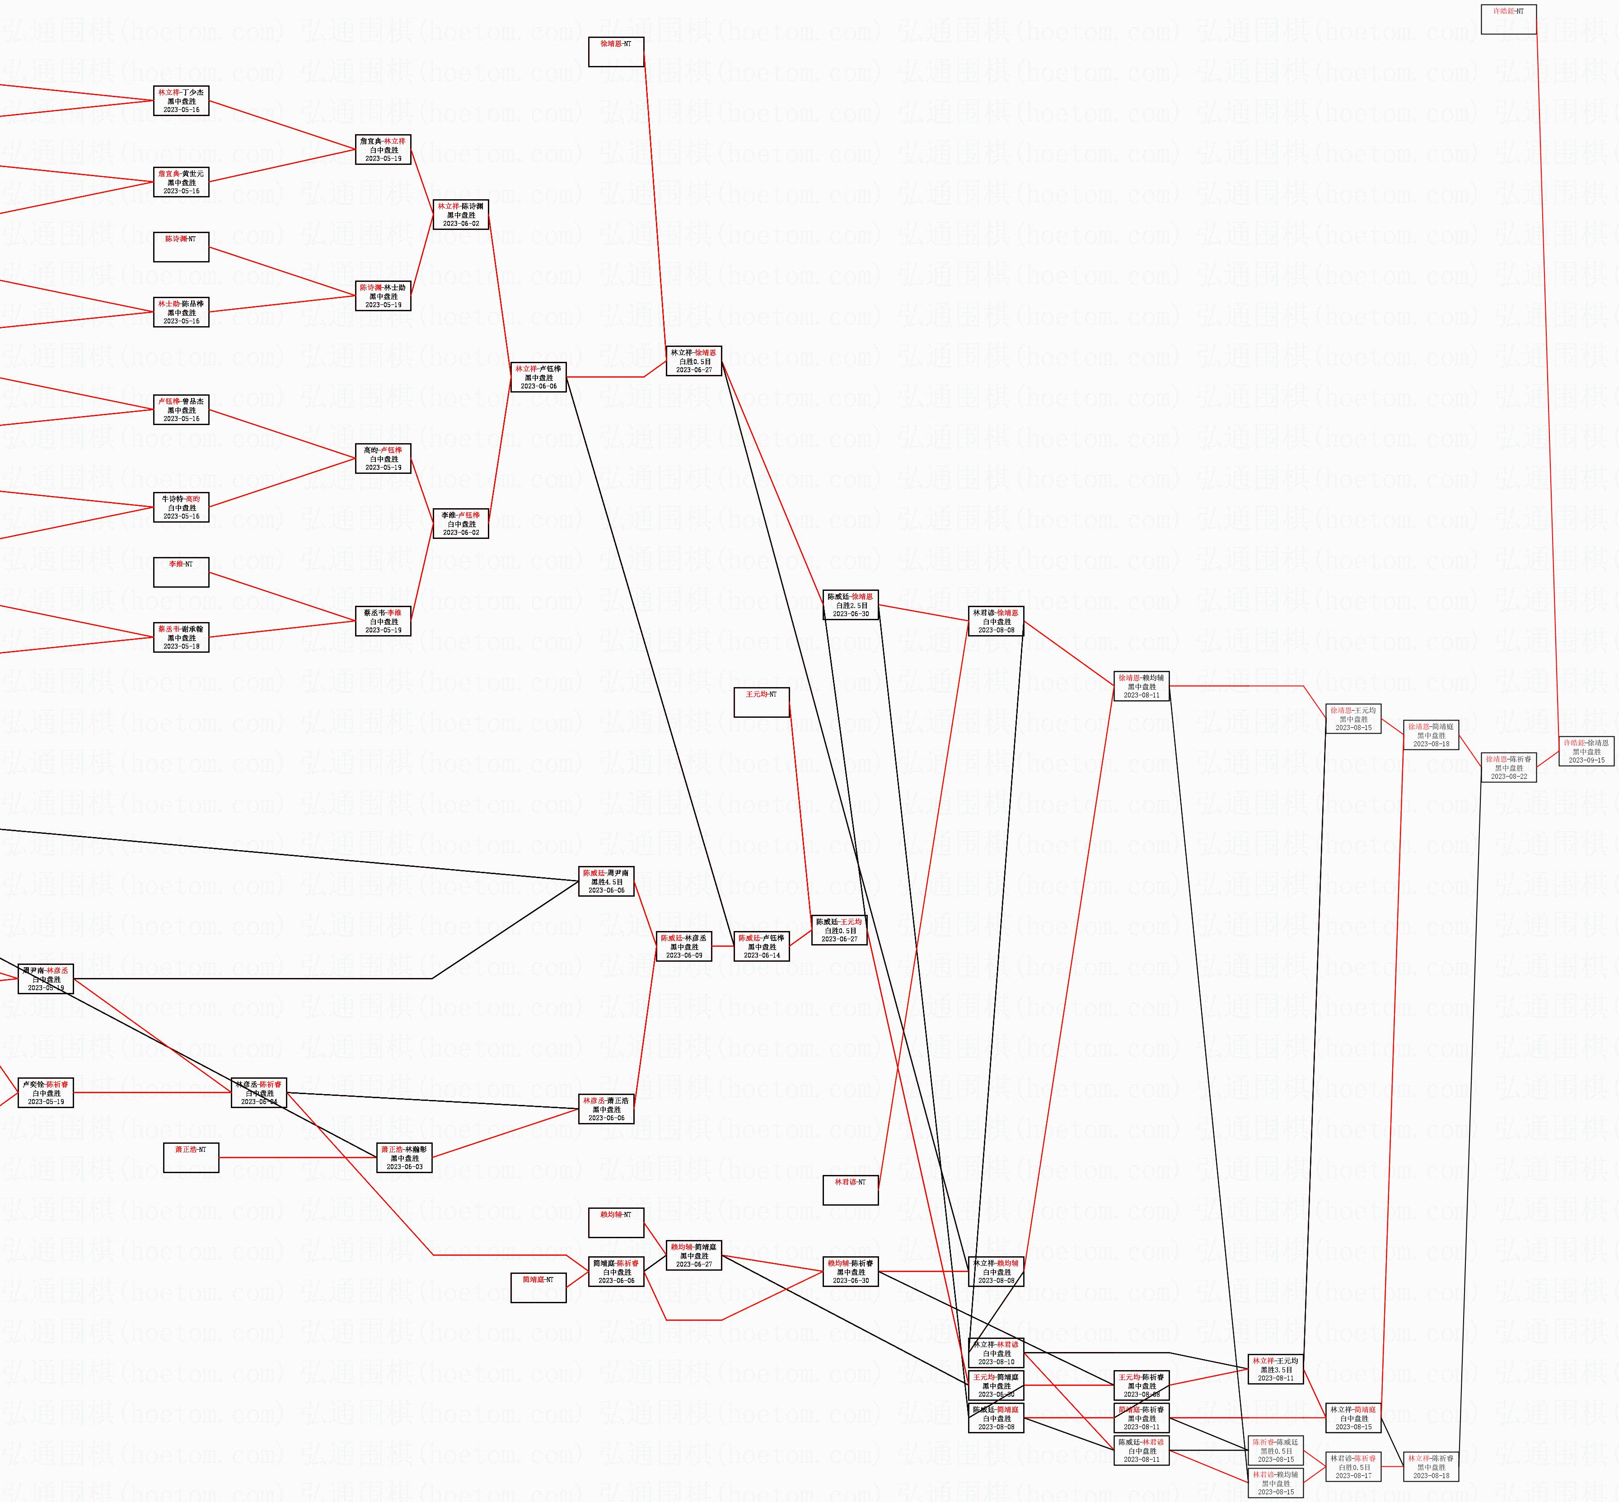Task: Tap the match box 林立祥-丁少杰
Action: pyautogui.click(x=181, y=101)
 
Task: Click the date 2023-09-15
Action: pyautogui.click(x=1586, y=760)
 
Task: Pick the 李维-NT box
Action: pyautogui.click(x=181, y=572)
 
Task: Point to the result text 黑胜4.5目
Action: pyautogui.click(x=606, y=882)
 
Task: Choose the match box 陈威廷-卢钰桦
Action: pyautogui.click(x=762, y=946)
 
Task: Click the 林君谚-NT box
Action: pyautogui.click(x=850, y=1190)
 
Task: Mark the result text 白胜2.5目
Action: pyautogui.click(x=851, y=605)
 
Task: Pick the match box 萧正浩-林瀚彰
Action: pyautogui.click(x=404, y=1157)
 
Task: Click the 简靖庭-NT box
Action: pyautogui.click(x=538, y=1287)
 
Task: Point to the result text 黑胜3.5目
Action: pyautogui.click(x=1275, y=1370)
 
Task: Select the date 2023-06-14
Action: pyautogui.click(x=762, y=955)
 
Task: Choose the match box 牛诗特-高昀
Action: pyautogui.click(x=181, y=507)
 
